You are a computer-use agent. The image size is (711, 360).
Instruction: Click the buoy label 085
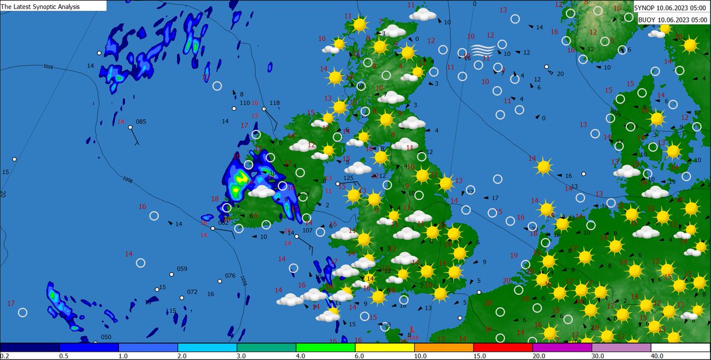[x=140, y=122]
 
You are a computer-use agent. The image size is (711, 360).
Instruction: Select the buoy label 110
[x=244, y=103]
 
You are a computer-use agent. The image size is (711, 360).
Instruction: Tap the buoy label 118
[x=274, y=103]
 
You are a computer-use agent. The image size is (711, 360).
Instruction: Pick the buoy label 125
[x=348, y=178]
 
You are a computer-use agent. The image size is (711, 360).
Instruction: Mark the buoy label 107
[x=307, y=230]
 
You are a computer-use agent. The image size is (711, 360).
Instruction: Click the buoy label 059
[x=182, y=269]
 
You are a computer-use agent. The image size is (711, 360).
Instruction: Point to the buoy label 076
[x=230, y=276]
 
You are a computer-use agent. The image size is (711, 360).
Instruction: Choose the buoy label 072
[x=192, y=292]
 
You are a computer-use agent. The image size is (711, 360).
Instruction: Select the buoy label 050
[x=105, y=337]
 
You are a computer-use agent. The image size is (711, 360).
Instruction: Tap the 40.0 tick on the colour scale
[x=657, y=356]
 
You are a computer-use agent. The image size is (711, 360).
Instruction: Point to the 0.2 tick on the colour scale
[x=5, y=356]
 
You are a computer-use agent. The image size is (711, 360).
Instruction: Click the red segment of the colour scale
[x=503, y=347]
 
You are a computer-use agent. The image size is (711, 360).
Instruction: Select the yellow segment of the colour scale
[x=385, y=347]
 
